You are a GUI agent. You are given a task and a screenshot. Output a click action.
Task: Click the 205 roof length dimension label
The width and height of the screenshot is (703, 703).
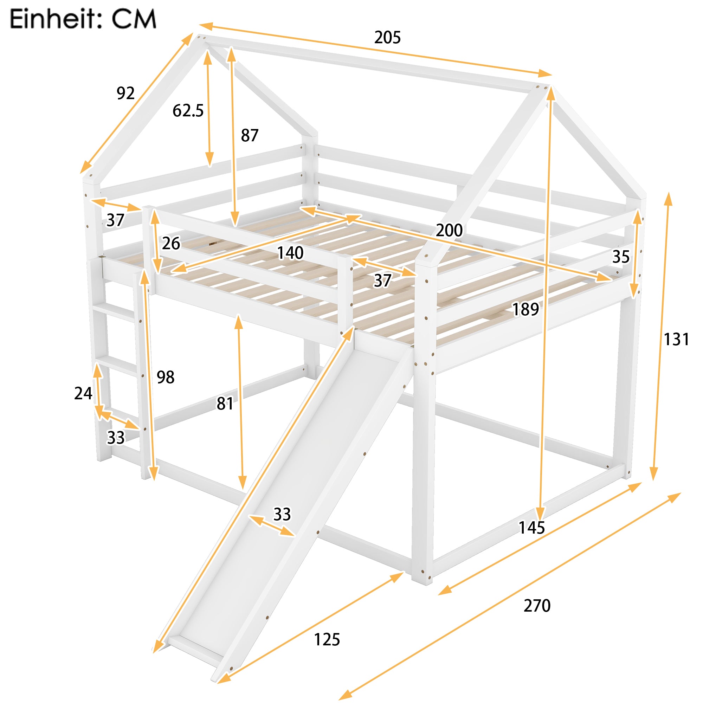point(387,38)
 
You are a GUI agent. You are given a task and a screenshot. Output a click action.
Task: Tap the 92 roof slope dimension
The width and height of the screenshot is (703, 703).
point(125,93)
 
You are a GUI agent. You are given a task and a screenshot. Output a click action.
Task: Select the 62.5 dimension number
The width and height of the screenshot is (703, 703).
point(188,111)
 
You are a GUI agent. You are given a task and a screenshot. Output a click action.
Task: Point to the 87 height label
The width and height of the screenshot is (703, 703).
point(249,136)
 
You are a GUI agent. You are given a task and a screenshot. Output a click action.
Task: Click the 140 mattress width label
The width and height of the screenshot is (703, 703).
point(290,253)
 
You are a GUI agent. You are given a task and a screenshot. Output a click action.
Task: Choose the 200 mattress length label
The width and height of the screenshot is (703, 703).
point(449,230)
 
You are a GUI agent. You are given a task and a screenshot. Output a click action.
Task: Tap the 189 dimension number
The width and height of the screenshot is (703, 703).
point(525,309)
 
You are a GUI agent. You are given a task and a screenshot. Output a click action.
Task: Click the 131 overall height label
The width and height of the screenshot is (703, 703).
point(676,340)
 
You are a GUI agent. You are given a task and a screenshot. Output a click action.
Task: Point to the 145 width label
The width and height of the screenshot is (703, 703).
point(531,528)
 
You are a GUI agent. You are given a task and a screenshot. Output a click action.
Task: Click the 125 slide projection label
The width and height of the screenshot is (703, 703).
point(327,640)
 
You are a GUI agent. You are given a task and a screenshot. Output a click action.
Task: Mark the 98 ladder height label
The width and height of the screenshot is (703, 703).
point(165,377)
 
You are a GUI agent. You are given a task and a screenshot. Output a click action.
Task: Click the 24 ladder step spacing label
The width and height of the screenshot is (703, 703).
point(83,393)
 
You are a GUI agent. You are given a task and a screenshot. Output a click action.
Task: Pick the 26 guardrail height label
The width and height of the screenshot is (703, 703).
point(171,244)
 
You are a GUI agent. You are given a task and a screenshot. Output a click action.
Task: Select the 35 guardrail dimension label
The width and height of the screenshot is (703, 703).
point(620,257)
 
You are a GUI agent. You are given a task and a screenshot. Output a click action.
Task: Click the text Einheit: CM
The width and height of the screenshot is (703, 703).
point(83,19)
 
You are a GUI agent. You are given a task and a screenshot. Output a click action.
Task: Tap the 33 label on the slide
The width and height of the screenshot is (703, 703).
point(282,515)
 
